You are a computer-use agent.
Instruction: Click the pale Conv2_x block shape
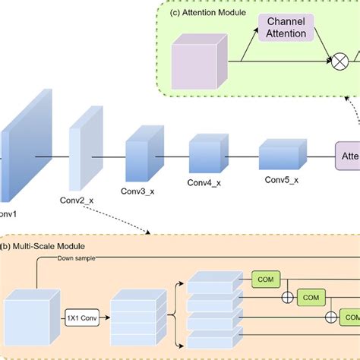84,155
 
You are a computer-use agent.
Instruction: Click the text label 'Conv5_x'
280,180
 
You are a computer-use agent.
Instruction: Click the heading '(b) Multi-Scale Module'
43,246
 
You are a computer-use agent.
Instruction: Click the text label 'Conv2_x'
77,201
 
